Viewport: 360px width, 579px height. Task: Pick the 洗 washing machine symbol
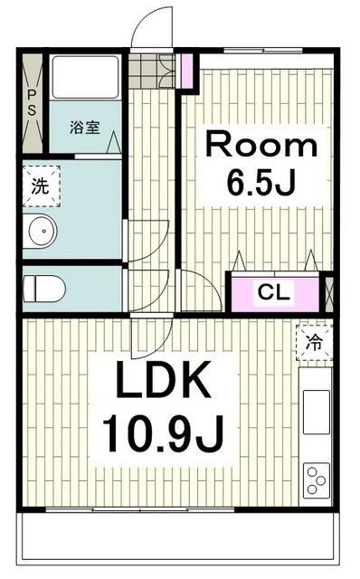pos(41,187)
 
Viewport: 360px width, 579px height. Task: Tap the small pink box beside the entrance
pos(187,71)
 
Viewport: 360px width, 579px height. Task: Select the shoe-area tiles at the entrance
pos(151,69)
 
